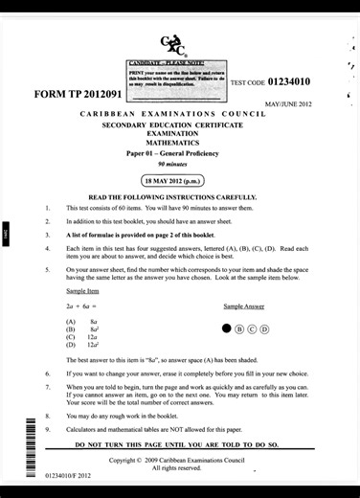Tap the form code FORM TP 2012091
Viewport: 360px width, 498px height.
(78, 95)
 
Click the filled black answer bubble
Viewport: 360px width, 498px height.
(227, 328)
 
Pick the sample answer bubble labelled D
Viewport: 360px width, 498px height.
(265, 328)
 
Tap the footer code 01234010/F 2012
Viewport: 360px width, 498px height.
(67, 474)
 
